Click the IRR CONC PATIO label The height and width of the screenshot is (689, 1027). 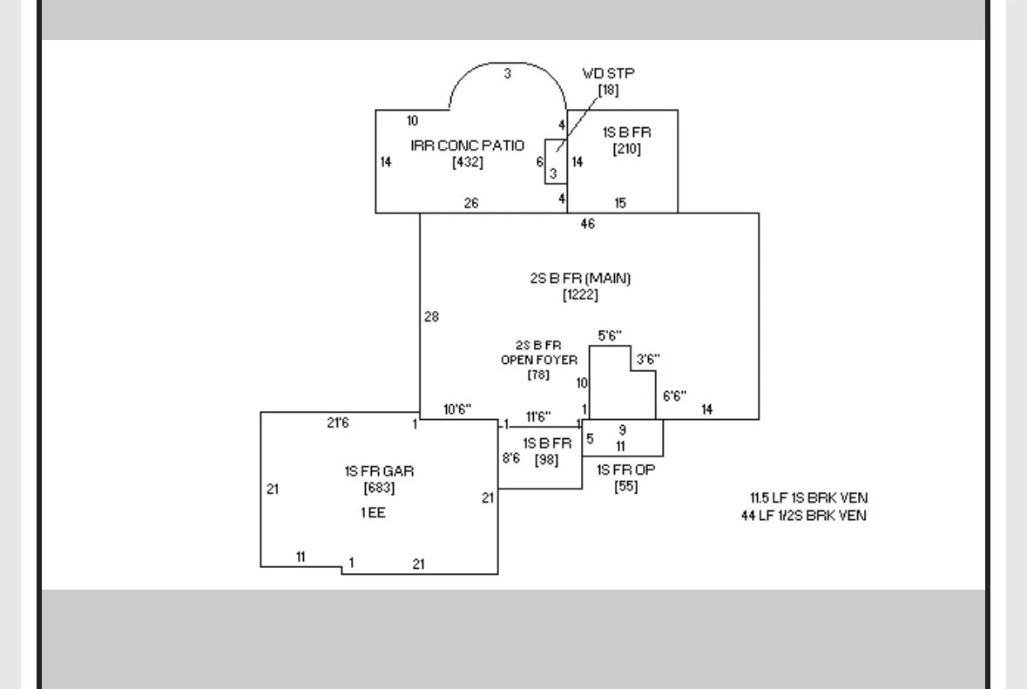[467, 145]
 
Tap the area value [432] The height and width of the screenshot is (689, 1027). [467, 162]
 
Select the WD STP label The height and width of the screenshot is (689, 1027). [609, 73]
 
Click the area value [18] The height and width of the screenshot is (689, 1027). [609, 90]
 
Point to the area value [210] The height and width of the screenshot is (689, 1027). [627, 149]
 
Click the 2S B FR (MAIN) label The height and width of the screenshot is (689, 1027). [580, 279]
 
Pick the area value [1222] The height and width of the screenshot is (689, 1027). [580, 294]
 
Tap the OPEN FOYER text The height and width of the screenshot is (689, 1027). [539, 361]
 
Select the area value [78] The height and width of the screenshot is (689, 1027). [538, 375]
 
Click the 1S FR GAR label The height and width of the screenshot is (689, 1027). [379, 471]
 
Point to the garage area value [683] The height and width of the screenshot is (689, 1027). [379, 488]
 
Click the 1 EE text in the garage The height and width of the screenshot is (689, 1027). [374, 513]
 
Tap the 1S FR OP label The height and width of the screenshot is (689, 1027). [626, 469]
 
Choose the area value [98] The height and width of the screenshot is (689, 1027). [546, 460]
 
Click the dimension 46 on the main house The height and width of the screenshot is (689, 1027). [587, 224]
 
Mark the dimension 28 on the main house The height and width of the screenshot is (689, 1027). [432, 317]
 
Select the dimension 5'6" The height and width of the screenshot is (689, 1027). [610, 336]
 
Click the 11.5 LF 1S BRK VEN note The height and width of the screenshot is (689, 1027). [809, 497]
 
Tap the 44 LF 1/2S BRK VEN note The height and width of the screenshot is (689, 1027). [804, 516]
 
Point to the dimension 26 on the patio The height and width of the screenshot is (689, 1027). [471, 204]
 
